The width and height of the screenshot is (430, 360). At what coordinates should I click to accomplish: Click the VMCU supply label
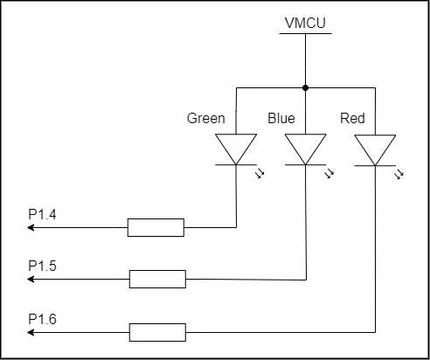tap(305, 23)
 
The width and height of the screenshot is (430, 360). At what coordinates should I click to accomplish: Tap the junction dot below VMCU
tap(305, 87)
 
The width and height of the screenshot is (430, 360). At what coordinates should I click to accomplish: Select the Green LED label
tap(206, 118)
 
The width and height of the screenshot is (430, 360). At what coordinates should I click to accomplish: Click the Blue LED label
tap(281, 118)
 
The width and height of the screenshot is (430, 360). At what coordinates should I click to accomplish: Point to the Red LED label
tap(352, 118)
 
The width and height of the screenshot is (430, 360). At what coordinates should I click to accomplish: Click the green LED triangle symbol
tap(236, 149)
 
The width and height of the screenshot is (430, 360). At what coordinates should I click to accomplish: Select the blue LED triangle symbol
tap(305, 149)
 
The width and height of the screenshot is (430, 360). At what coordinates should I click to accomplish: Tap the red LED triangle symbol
tap(375, 150)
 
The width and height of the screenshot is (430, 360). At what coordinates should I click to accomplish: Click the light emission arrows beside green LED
tap(260, 174)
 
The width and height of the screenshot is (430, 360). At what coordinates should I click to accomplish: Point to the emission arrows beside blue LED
tap(329, 174)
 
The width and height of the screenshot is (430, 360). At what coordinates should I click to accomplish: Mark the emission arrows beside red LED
tap(399, 175)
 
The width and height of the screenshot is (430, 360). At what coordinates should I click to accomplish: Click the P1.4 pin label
tap(42, 214)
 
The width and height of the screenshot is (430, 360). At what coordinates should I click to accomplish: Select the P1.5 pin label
tap(42, 266)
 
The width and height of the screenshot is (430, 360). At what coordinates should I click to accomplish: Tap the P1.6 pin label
tap(42, 319)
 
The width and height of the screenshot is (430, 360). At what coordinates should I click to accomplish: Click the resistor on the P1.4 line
tap(156, 227)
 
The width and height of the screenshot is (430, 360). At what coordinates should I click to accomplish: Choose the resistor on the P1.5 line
tap(157, 279)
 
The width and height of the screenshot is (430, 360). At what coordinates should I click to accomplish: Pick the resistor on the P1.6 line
tap(157, 332)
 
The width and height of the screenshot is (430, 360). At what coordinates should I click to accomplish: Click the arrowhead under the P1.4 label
tap(31, 227)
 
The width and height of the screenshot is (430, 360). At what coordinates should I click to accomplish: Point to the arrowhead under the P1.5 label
tap(31, 279)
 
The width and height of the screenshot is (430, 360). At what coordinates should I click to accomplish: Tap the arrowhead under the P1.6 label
tap(31, 332)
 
